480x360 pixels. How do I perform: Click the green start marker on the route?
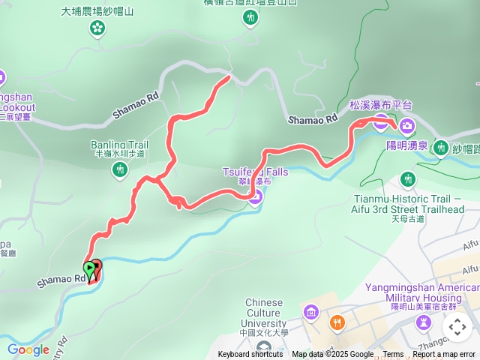click(x=89, y=268)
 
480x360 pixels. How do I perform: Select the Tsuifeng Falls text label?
click(x=255, y=172)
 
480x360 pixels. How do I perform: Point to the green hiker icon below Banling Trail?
click(x=120, y=170)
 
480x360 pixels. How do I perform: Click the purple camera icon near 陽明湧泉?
click(x=407, y=124)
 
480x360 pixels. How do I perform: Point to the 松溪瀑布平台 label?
click(x=381, y=106)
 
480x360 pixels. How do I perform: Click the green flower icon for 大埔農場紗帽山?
click(x=97, y=28)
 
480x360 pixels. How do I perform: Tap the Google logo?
click(x=28, y=349)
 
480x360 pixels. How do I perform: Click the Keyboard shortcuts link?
click(x=250, y=355)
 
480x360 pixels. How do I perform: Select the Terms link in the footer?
click(x=393, y=355)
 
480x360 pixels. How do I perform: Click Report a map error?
click(x=444, y=355)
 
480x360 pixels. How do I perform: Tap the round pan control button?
click(x=457, y=327)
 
